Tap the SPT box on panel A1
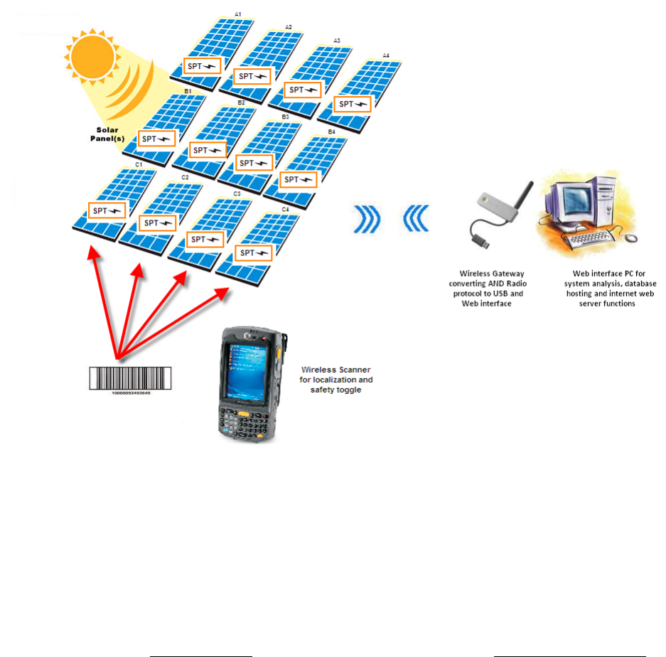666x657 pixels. click(x=201, y=65)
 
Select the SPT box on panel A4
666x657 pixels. click(x=353, y=105)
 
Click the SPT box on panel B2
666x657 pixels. click(x=208, y=150)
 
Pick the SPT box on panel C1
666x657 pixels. click(x=107, y=210)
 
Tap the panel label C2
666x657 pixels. click(x=185, y=177)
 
